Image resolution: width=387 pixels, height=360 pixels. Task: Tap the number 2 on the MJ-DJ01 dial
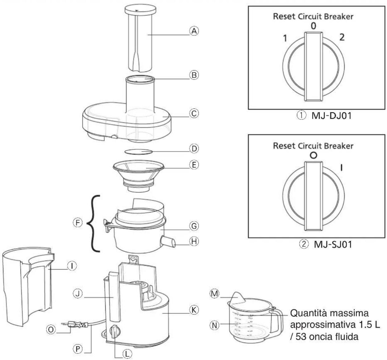click(x=342, y=37)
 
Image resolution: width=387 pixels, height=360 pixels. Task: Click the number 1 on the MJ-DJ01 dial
click(x=284, y=39)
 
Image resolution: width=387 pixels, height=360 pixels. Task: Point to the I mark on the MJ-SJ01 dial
click(x=342, y=168)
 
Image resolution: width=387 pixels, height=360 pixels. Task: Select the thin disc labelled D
click(x=138, y=152)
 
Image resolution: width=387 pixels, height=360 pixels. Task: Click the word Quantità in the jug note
click(x=307, y=313)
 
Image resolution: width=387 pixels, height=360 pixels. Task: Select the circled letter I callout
click(x=72, y=265)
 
